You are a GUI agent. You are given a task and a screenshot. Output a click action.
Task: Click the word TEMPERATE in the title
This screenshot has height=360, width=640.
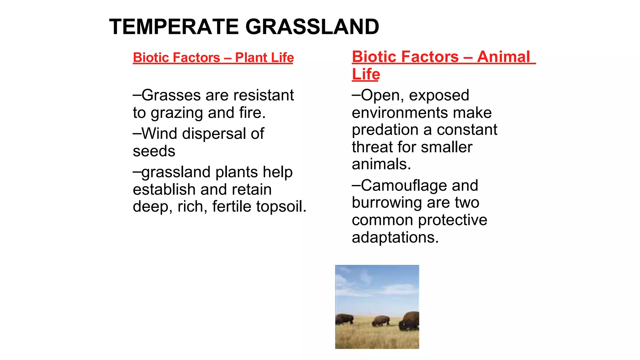174,27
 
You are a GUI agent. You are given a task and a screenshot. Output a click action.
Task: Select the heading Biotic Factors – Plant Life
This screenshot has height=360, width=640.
213,58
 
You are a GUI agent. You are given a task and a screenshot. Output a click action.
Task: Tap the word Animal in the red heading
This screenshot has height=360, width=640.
503,57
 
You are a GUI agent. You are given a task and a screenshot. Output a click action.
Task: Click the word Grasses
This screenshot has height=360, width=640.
171,95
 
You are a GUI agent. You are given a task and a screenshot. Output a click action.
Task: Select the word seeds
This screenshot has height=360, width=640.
154,152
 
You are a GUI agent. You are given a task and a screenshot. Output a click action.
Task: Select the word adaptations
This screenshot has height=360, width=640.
395,237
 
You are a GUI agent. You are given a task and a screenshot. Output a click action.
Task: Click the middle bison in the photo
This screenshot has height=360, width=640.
381,321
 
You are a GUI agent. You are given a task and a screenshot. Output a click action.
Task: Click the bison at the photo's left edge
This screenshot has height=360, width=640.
344,319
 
